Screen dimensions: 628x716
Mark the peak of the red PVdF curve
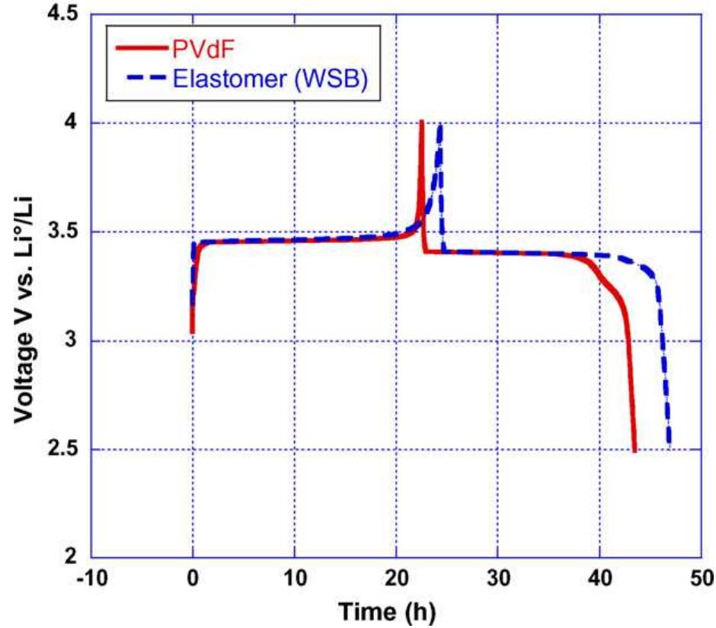coord(421,122)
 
